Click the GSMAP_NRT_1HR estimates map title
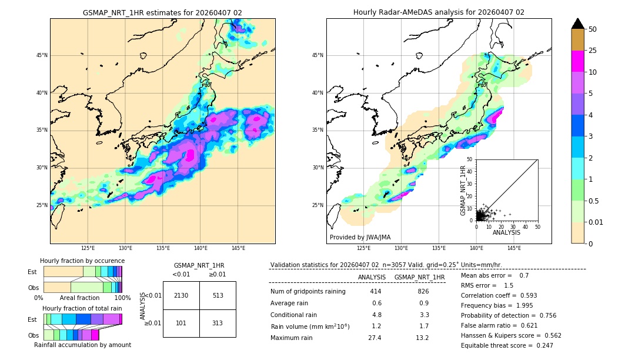click(162, 12)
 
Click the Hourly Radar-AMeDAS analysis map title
click(439, 12)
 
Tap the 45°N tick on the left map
click(42, 55)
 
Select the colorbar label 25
click(593, 51)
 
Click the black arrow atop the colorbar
click(578, 24)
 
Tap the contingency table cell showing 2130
click(181, 295)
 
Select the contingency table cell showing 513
click(218, 295)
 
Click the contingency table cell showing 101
click(181, 322)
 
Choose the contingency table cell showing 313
click(218, 322)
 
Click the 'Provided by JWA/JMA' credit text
click(360, 237)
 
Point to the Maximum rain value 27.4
click(375, 338)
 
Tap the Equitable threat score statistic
click(507, 345)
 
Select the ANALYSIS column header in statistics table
click(372, 277)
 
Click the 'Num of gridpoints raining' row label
click(308, 291)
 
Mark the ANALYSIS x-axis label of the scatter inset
click(506, 232)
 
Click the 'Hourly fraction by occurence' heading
click(82, 261)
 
